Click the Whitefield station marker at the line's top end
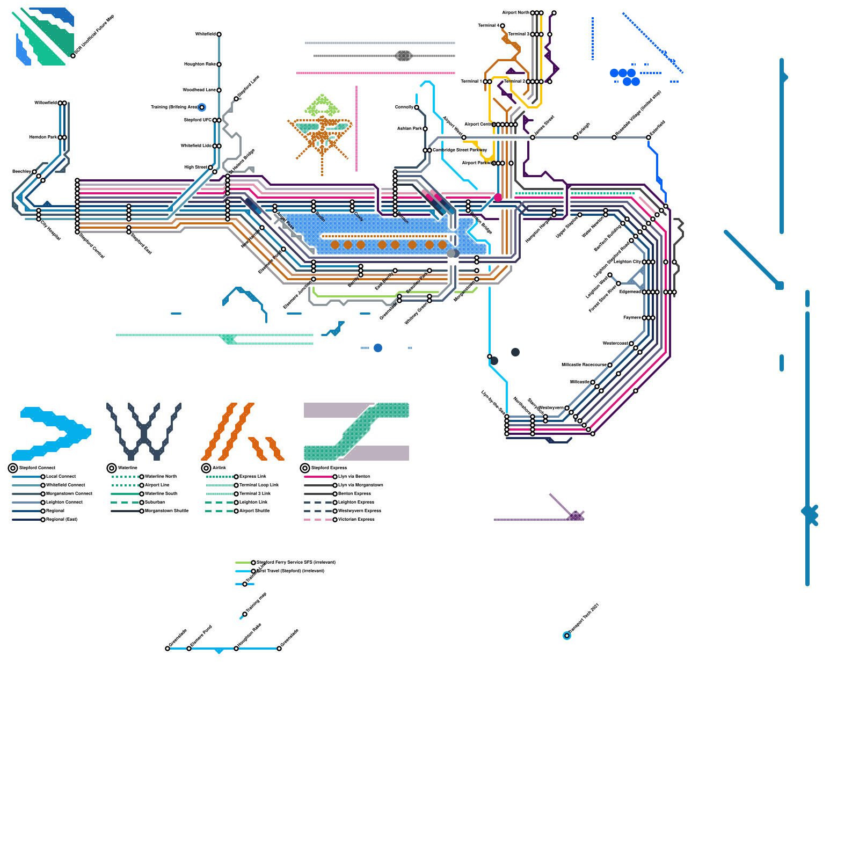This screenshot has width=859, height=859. pyautogui.click(x=219, y=34)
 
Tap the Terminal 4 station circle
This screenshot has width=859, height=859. pyautogui.click(x=503, y=26)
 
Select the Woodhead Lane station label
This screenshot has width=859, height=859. pyautogui.click(x=199, y=90)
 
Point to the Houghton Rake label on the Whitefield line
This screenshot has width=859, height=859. pyautogui.click(x=200, y=64)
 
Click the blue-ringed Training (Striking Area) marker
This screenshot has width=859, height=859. pyautogui.click(x=202, y=107)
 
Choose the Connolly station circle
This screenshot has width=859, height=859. pyautogui.click(x=417, y=107)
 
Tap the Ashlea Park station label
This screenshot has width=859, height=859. pyautogui.click(x=409, y=129)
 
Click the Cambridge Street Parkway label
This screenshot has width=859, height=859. pyautogui.click(x=460, y=150)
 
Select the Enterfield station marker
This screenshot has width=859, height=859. pyautogui.click(x=649, y=137)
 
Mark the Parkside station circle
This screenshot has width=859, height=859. pyautogui.click(x=576, y=137)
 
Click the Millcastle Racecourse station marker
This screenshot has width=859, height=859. pyautogui.click(x=610, y=365)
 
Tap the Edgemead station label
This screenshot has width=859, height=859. pyautogui.click(x=630, y=292)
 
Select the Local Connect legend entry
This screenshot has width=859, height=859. pyautogui.click(x=61, y=477)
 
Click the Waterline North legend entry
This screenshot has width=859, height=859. pyautogui.click(x=161, y=477)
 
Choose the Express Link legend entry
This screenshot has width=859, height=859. pyautogui.click(x=253, y=477)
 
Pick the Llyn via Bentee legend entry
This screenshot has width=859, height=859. pyautogui.click(x=354, y=477)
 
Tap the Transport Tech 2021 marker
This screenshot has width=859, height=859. pyautogui.click(x=567, y=636)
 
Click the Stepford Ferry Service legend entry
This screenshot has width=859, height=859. pyautogui.click(x=296, y=563)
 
